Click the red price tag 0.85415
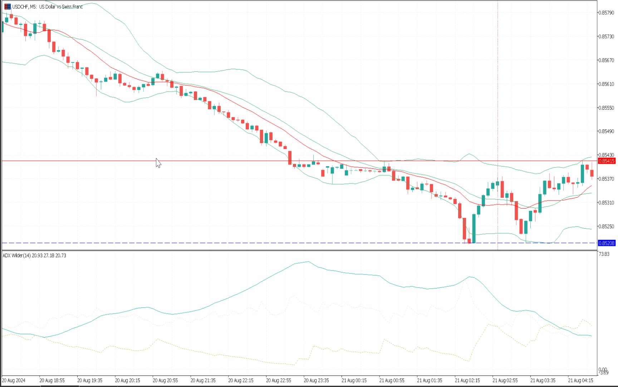[607, 161]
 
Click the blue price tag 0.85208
[607, 243]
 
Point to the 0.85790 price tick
[607, 13]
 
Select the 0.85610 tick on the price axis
[607, 84]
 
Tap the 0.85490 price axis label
[607, 132]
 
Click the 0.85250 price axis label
[607, 226]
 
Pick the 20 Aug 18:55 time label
[52, 381]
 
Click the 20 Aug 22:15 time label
[241, 381]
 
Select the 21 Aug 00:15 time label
[354, 381]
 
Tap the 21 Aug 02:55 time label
[505, 381]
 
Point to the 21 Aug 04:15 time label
[580, 381]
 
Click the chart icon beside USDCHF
[8, 7]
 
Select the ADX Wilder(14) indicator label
[34, 255]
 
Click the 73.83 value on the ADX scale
[604, 254]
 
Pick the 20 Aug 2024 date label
[14, 381]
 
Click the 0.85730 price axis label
[607, 37]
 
